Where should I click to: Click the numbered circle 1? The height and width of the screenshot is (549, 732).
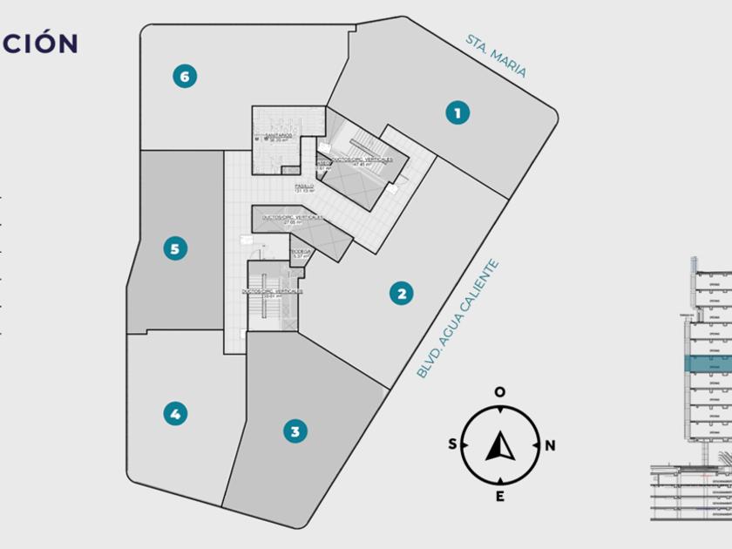(x=457, y=112)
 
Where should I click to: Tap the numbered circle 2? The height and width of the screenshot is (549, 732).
(x=401, y=293)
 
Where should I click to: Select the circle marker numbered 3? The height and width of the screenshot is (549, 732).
(x=295, y=430)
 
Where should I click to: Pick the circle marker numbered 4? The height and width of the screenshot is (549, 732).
(x=175, y=414)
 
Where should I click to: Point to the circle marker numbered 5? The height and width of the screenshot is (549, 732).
(x=175, y=249)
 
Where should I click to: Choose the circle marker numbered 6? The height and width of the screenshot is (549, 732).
(x=184, y=77)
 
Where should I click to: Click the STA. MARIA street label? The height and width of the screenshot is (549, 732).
(x=496, y=57)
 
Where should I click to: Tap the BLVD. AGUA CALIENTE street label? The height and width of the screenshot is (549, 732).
(x=458, y=318)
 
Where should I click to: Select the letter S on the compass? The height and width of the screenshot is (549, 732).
(x=452, y=444)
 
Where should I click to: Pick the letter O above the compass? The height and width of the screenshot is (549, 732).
(x=500, y=392)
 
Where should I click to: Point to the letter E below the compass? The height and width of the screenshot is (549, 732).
(x=500, y=497)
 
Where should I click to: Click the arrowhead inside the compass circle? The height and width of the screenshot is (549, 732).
(x=500, y=446)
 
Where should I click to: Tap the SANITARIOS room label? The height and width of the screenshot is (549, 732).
(x=279, y=136)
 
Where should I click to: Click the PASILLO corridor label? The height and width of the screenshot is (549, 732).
(x=303, y=186)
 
